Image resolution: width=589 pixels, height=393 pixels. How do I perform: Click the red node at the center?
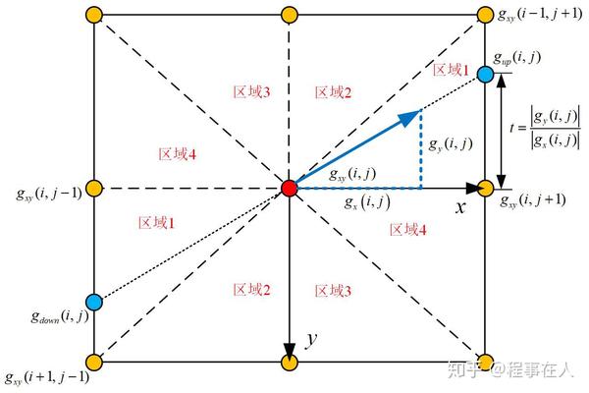tap(289, 188)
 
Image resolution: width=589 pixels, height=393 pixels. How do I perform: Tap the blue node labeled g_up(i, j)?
tap(485, 74)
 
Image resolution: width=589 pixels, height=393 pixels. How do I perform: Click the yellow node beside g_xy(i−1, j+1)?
tap(485, 15)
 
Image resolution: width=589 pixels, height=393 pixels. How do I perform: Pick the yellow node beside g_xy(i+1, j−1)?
tap(93, 362)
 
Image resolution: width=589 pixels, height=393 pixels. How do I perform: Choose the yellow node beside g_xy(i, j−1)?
tap(93, 188)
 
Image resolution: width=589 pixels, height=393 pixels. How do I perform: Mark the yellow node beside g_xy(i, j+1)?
tap(485, 188)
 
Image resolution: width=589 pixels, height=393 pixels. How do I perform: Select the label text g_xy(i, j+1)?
tap(533, 201)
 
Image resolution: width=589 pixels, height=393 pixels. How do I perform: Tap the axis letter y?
tap(310, 340)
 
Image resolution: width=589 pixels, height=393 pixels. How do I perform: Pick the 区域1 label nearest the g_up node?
tap(453, 69)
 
